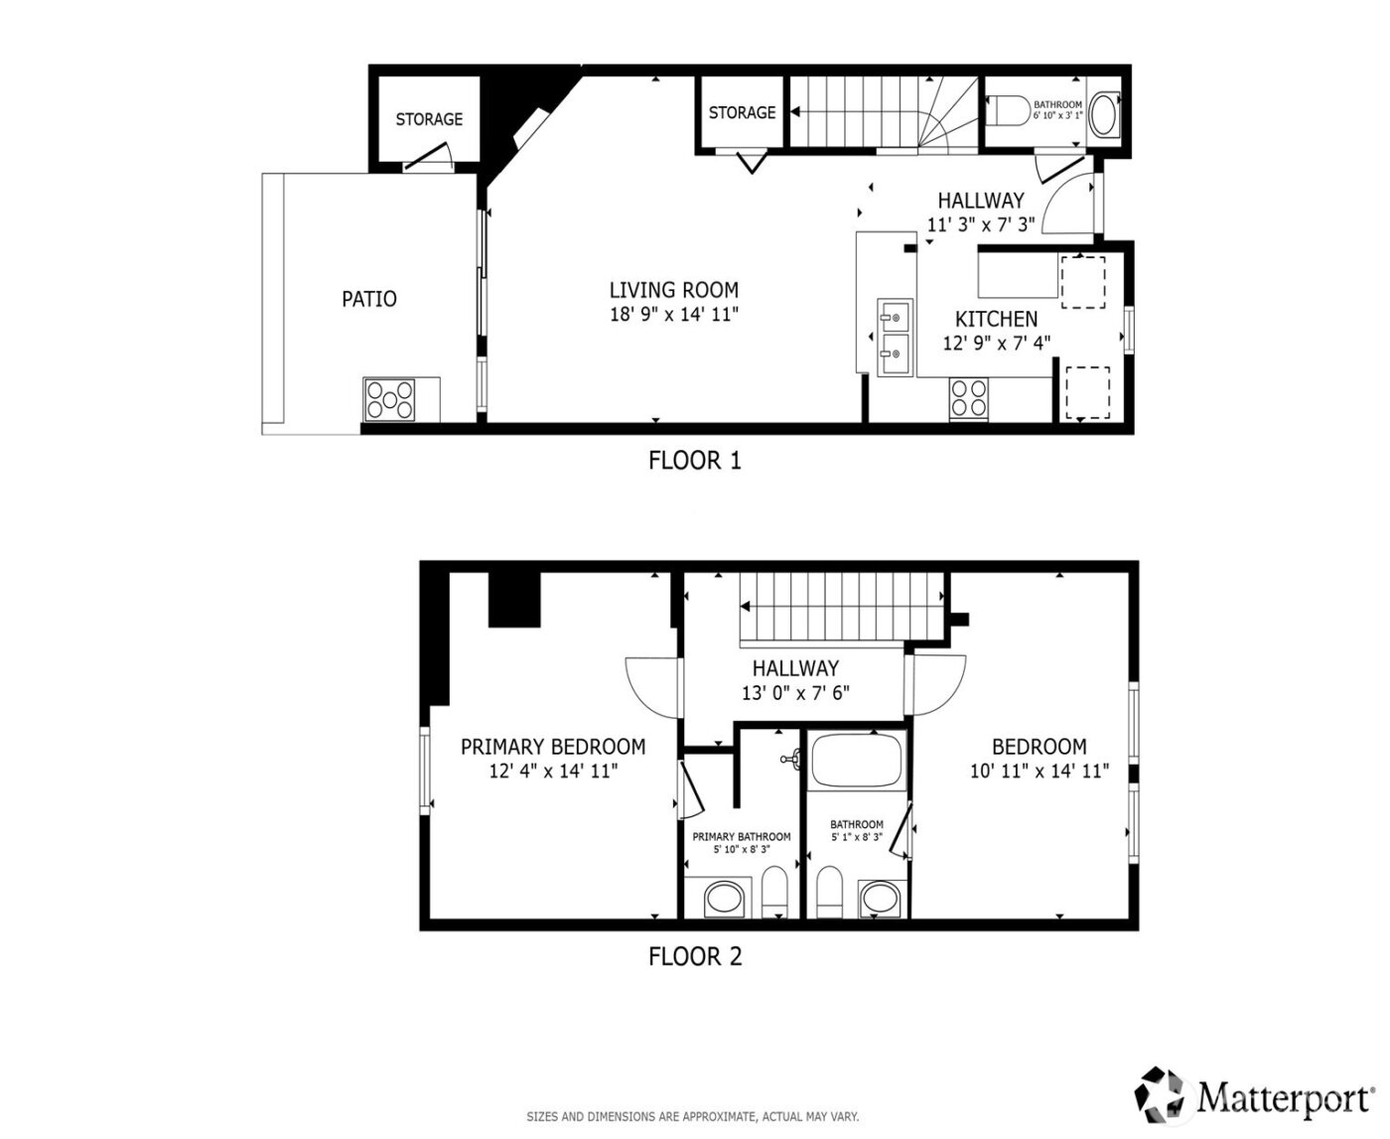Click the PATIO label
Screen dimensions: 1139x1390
tap(369, 299)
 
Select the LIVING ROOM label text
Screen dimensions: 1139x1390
tap(673, 290)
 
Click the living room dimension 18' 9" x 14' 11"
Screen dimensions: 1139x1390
tap(673, 315)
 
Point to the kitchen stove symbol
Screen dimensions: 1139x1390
tap(969, 399)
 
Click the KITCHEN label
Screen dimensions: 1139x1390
tap(996, 319)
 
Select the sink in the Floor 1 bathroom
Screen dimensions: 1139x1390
tap(1103, 114)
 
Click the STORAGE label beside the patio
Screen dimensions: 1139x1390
tap(429, 119)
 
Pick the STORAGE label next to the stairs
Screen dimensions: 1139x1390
tap(742, 113)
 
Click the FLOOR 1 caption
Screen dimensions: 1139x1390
tap(694, 461)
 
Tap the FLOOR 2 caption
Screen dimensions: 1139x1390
tap(694, 956)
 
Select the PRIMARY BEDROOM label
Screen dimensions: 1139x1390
tap(553, 747)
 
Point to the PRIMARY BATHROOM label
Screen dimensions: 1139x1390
tap(742, 837)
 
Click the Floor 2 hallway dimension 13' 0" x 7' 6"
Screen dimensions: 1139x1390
tap(795, 693)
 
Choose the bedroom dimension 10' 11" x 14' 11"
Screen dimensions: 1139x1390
tap(1039, 771)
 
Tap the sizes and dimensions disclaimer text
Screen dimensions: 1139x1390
tap(692, 1116)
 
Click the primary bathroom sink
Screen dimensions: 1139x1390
tap(724, 901)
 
